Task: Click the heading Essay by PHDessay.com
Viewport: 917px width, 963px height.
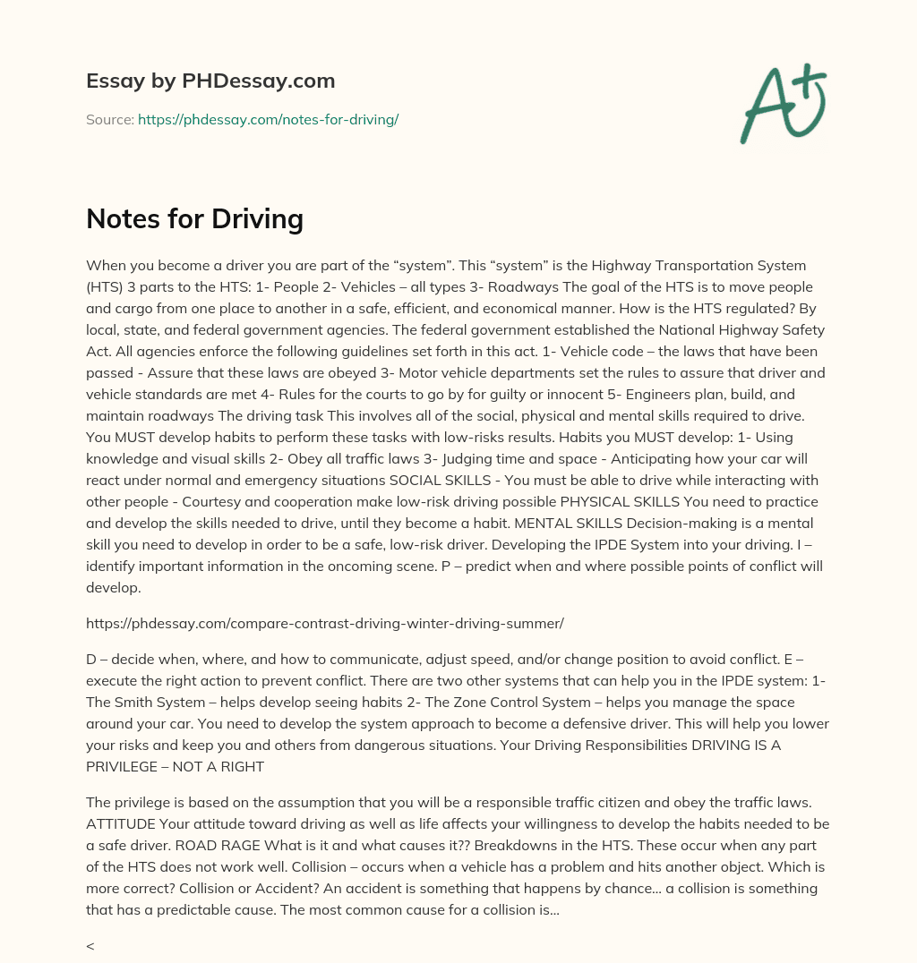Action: point(210,81)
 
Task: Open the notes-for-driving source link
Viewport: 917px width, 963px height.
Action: point(268,119)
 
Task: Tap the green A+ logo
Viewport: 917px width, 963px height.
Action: point(782,103)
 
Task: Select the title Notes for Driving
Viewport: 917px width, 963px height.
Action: point(194,218)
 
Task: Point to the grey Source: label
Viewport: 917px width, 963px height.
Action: point(109,119)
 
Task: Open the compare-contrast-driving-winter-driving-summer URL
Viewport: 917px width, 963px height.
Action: point(324,622)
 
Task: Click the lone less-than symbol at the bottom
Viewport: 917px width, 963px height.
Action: point(90,945)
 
